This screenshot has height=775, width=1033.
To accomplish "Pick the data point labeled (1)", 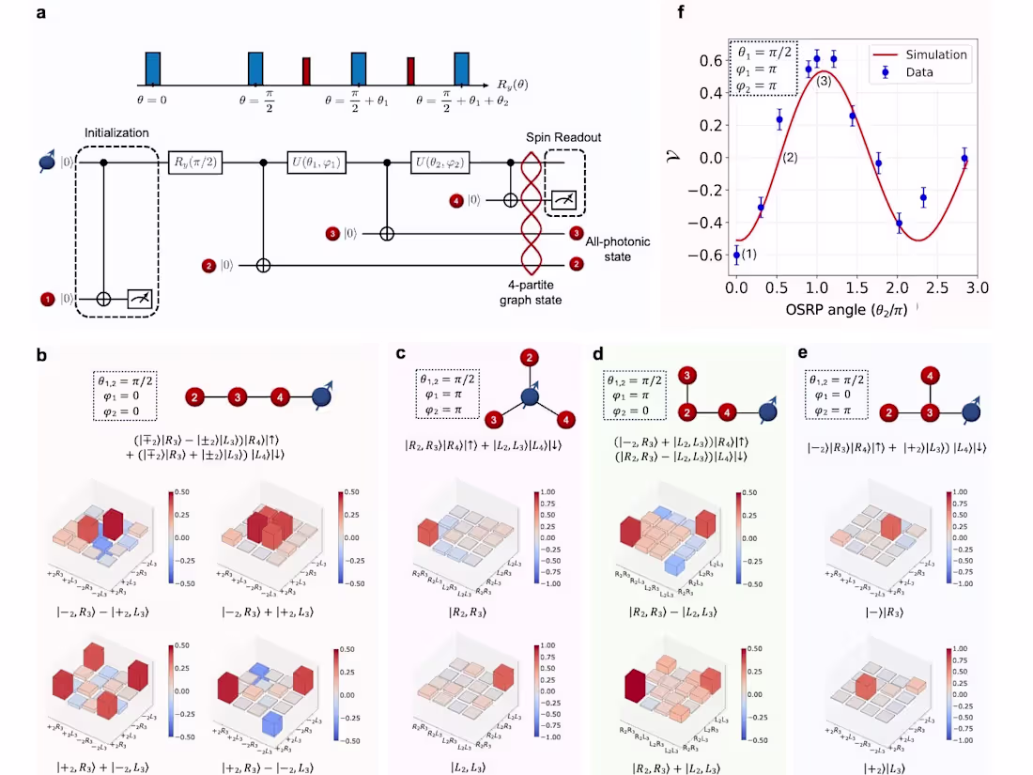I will (736, 254).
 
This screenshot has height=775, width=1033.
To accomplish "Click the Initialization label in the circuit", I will (116, 133).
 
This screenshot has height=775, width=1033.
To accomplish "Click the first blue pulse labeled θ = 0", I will (153, 70).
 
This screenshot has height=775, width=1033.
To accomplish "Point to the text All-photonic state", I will (618, 250).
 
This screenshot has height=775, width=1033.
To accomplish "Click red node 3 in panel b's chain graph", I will (239, 397).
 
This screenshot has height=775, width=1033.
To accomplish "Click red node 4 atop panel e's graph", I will (930, 378).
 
